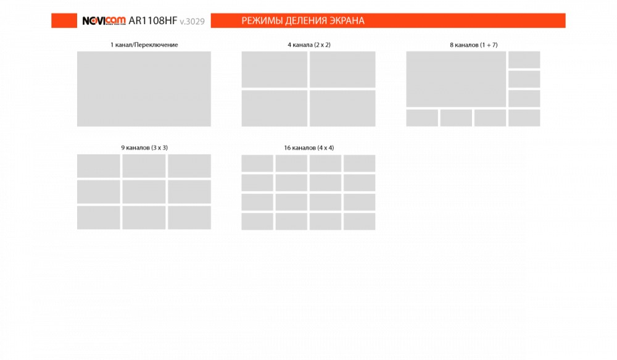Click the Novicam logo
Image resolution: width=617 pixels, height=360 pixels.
pos(104,20)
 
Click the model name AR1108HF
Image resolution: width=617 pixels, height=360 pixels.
pos(152,20)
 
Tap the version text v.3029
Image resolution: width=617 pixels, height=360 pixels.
pos(192,21)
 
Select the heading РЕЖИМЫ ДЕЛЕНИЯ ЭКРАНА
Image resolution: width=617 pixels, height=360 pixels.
pos(303,20)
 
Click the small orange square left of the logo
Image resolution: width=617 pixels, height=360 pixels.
pos(64,20)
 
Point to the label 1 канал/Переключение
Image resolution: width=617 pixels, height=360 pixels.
pos(144,45)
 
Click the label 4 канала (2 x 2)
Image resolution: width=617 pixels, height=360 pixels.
pos(309,45)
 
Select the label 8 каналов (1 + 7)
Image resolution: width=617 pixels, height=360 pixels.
pos(473,45)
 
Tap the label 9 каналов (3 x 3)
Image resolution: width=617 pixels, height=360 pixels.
pos(144,148)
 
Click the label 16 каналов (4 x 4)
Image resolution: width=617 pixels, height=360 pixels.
pos(309,148)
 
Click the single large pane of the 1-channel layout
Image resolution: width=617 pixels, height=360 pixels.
pos(144,89)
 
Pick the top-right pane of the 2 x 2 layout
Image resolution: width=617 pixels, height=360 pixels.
pos(342,69)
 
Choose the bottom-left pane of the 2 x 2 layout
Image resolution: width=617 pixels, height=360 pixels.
pos(275,108)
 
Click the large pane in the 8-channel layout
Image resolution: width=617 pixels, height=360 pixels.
pos(456,79)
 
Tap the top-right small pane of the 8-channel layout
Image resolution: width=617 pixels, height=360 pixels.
pos(524,60)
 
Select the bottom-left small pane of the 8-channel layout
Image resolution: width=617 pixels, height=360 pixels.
pos(422,118)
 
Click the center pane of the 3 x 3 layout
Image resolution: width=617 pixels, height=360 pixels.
pos(144,192)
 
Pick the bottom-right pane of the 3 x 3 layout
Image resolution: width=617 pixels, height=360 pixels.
pos(189,217)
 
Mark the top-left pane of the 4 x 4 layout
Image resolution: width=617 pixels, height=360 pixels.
pos(257,164)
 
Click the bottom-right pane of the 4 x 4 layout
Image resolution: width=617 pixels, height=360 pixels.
pos(359,221)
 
